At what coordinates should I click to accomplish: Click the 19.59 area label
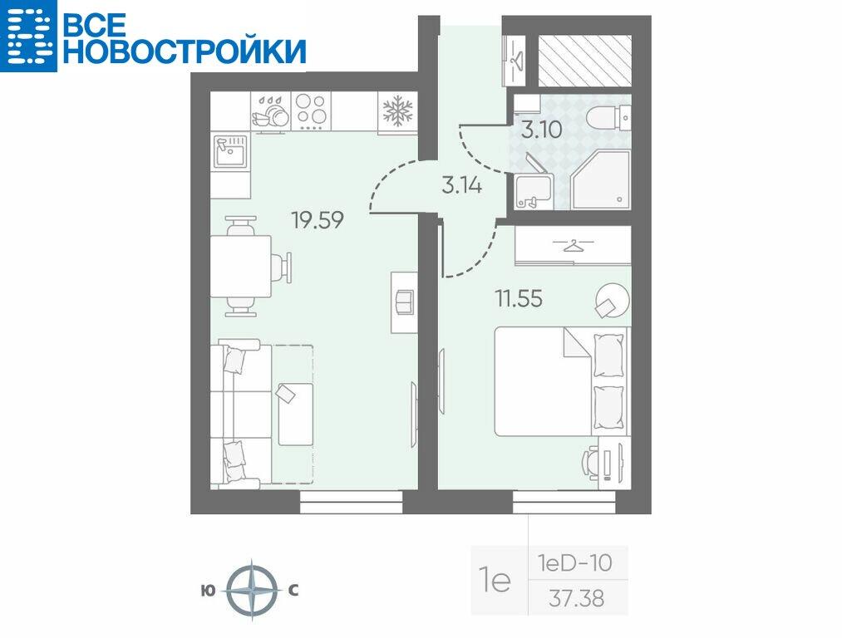[318, 220]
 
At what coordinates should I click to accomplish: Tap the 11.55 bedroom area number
[519, 298]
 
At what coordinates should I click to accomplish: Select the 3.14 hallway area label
[462, 185]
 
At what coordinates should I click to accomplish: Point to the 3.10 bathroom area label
[542, 130]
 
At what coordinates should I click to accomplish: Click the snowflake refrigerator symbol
[397, 111]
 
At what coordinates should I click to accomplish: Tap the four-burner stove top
[311, 111]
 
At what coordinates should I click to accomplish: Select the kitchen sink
[231, 152]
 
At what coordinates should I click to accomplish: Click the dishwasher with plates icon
[271, 111]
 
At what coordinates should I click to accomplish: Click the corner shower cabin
[601, 179]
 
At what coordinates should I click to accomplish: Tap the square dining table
[240, 266]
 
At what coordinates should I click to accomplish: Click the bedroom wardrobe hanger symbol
[573, 246]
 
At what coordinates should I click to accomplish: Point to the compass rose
[252, 591]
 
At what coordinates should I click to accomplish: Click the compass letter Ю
[208, 591]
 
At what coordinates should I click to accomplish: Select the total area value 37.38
[576, 598]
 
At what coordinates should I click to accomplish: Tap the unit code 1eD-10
[575, 563]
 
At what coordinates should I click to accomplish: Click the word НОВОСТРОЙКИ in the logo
[185, 51]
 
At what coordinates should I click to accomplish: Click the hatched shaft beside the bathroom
[585, 61]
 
